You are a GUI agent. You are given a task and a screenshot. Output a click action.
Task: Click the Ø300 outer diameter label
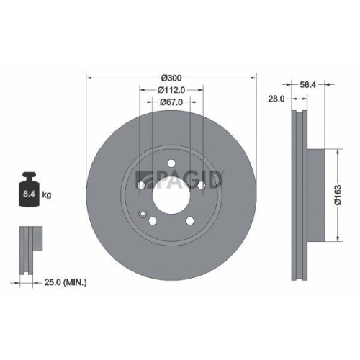coord(171,76)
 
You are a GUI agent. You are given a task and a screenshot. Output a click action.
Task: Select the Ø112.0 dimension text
coord(171,89)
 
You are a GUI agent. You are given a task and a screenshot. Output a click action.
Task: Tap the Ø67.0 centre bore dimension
coord(171,102)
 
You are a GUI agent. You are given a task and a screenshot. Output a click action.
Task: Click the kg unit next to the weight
coord(48,194)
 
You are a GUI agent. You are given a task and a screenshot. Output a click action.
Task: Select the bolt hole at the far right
coord(201,186)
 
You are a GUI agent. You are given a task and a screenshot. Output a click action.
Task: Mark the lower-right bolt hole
coord(189,222)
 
